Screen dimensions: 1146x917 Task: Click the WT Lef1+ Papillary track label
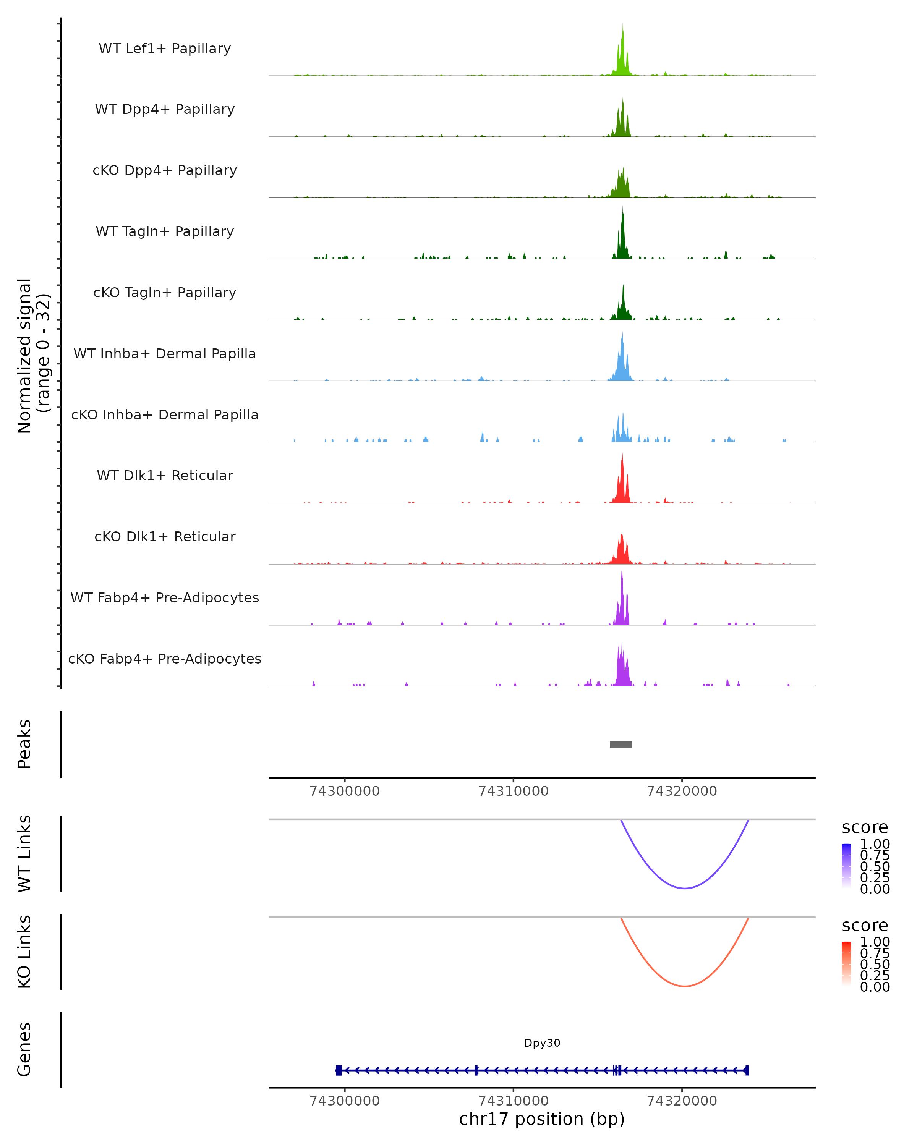point(165,49)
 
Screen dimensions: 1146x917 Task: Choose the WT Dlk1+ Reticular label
point(165,475)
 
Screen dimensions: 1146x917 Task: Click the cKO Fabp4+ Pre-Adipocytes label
point(165,659)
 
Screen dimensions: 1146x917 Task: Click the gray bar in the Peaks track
point(621,744)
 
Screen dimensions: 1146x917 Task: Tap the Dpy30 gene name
point(542,1042)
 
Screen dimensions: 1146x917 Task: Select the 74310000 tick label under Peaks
point(513,791)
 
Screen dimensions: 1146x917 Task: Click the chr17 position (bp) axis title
point(542,1119)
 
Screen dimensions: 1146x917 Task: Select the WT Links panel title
point(24,854)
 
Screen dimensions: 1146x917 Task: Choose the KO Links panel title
point(24,952)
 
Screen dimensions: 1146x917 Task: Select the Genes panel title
point(24,1049)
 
